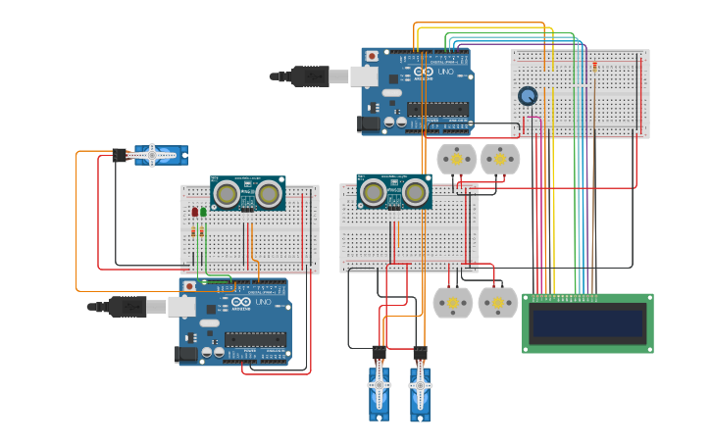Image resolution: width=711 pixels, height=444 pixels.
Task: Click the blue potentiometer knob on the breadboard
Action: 528,96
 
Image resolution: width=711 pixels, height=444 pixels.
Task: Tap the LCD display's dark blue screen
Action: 586,322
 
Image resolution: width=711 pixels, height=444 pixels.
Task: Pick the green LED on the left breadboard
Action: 204,212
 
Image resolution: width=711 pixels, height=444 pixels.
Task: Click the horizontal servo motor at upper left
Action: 160,154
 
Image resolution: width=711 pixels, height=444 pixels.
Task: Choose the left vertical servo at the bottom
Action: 380,390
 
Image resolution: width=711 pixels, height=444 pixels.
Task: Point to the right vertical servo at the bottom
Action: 420,390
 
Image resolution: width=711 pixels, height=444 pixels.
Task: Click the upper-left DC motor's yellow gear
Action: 455,158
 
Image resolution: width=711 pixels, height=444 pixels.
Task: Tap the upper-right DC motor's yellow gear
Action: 499,158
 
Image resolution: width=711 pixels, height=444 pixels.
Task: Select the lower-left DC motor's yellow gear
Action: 452,303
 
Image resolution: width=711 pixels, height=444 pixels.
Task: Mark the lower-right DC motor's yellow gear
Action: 497,303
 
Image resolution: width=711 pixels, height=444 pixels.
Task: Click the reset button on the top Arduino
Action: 372,57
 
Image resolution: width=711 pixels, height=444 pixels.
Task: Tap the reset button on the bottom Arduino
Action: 188,286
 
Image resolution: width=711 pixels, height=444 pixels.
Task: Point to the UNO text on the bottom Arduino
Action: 262,302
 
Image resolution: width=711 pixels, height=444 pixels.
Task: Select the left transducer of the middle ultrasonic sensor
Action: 374,193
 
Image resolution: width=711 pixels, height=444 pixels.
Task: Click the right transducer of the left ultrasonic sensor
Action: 268,194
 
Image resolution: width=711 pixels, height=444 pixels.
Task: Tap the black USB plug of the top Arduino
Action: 309,76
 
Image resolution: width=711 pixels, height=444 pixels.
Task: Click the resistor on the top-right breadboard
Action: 594,67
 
